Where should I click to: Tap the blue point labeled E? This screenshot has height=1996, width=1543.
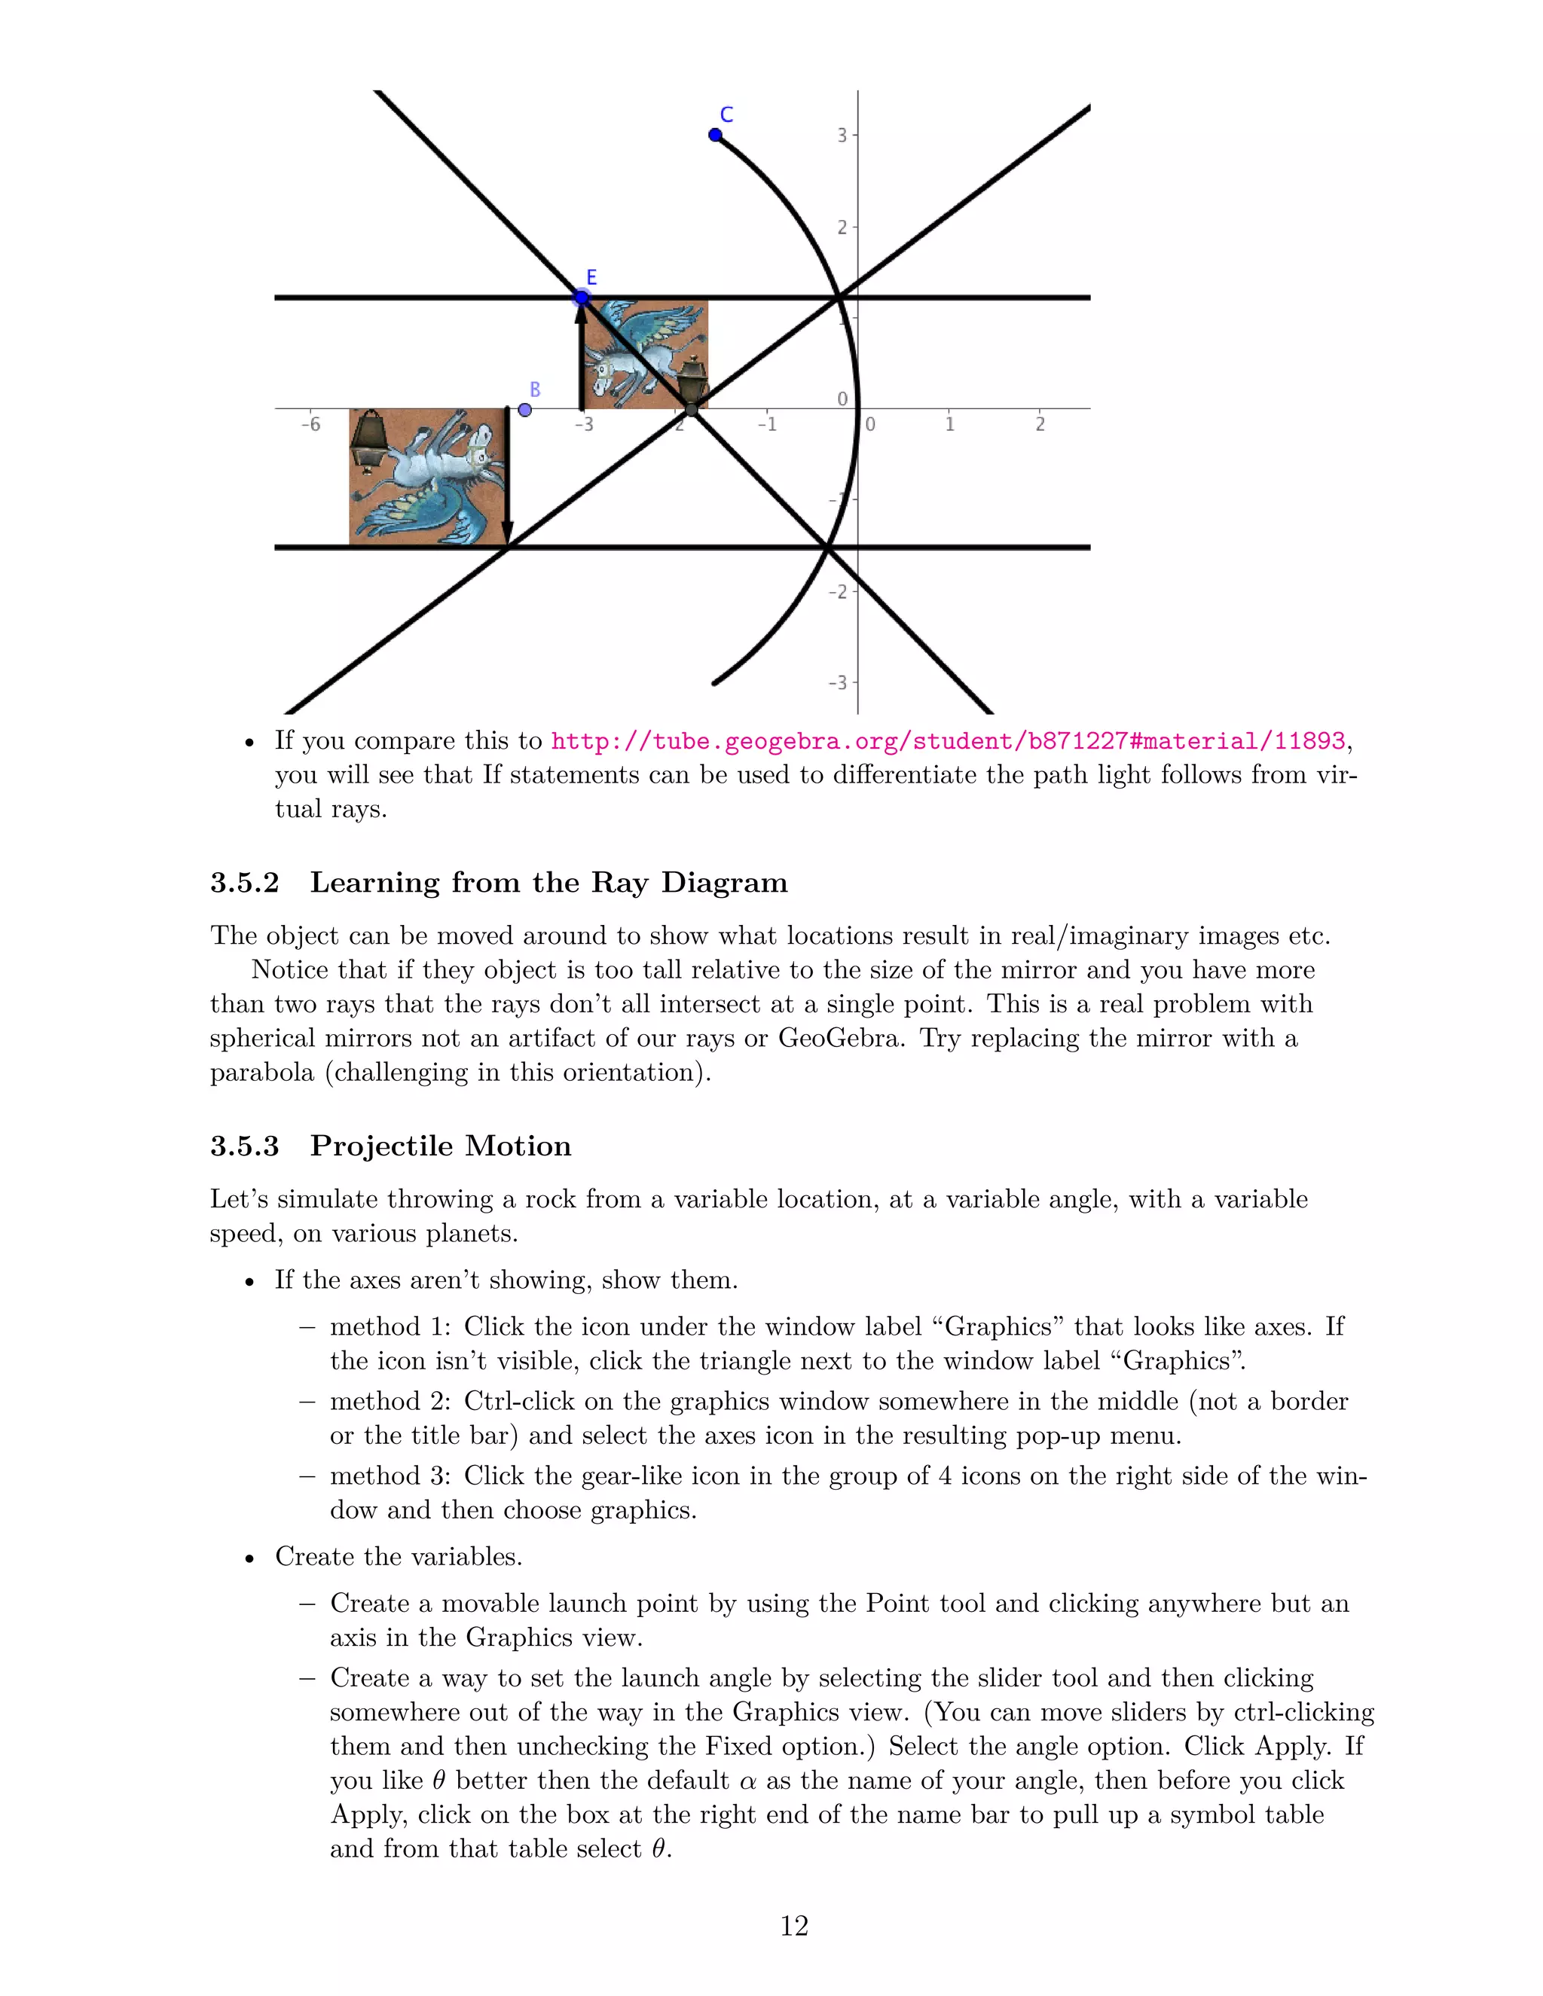[x=582, y=297]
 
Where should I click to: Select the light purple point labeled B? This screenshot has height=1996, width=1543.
[x=524, y=410]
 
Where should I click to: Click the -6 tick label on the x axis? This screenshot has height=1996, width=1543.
[x=311, y=424]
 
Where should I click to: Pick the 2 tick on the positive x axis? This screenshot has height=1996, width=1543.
[x=1039, y=424]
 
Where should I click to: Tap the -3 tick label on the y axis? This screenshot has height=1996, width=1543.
[x=837, y=682]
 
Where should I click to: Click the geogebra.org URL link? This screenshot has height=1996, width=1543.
[x=948, y=741]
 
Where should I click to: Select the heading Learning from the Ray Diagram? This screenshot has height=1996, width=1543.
[x=548, y=883]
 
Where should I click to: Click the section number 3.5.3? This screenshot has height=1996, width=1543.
[x=244, y=1146]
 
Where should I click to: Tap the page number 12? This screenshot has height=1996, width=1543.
[x=793, y=1926]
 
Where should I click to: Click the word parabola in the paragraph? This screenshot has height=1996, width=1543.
[x=261, y=1072]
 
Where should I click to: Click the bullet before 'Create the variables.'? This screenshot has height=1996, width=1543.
[x=249, y=1558]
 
